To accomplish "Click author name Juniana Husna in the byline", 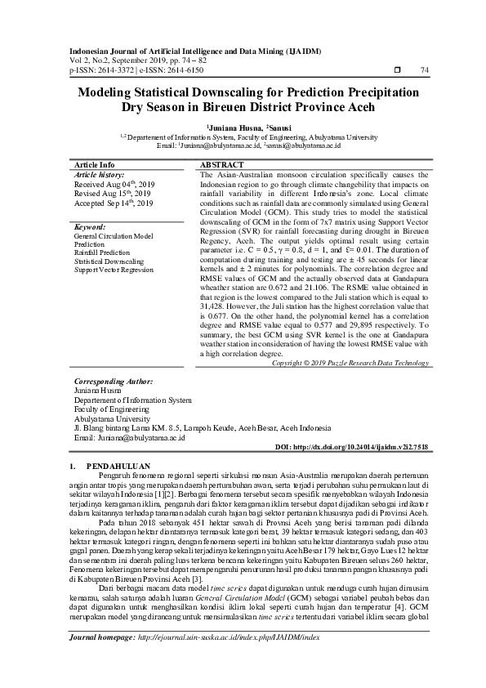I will [236, 127].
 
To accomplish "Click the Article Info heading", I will [95, 165].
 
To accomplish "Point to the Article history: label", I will [99, 175].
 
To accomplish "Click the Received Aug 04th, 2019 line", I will [114, 185].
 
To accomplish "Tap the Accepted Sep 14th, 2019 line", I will [114, 203].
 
